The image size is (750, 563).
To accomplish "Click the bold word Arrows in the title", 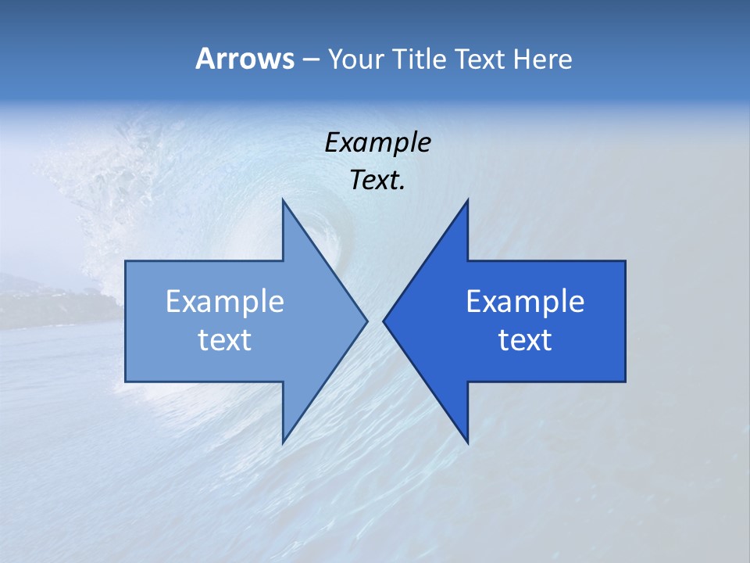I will (244, 59).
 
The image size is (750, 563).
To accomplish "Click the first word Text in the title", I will (480, 59).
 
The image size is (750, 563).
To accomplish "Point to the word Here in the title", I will (542, 59).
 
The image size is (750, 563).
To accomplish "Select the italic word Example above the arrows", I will (377, 142).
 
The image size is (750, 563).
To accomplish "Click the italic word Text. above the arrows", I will (377, 180).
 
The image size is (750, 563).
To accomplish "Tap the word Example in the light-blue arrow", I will (225, 301).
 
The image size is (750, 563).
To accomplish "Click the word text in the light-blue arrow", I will (225, 340).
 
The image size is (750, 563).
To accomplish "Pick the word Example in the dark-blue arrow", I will (525, 301).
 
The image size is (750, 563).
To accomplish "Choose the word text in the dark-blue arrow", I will (525, 340).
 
